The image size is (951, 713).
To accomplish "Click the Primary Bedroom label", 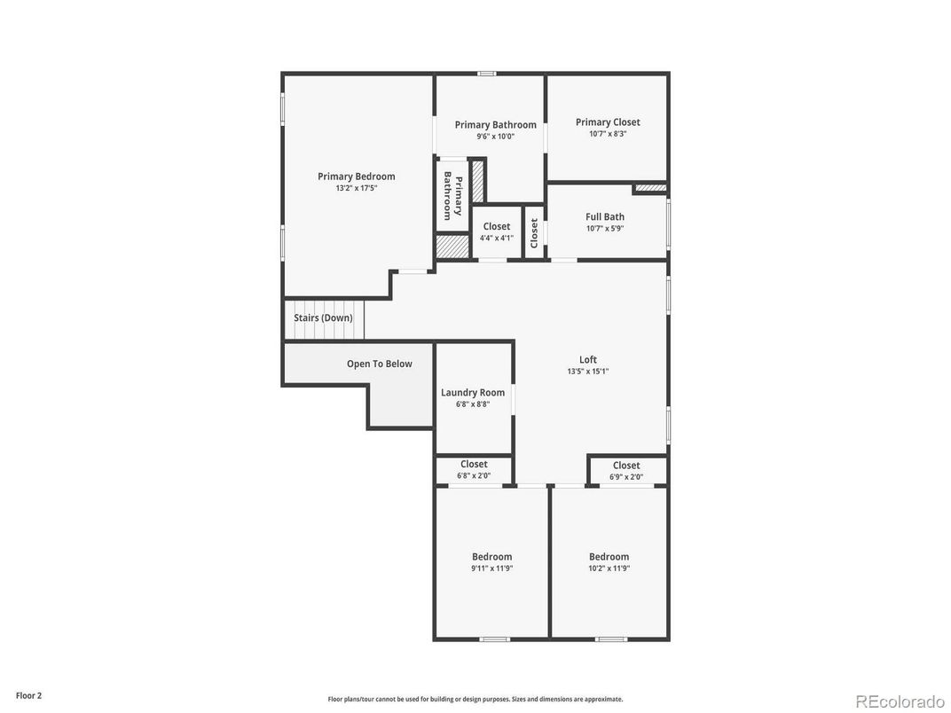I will point(357,176).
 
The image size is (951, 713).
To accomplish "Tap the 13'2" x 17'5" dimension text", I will point(357,188).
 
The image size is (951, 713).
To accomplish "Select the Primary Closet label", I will point(608,122).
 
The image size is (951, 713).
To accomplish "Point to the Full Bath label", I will point(605,216).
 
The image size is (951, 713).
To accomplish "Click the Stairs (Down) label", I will point(323,317).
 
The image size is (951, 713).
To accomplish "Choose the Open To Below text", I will point(379,364).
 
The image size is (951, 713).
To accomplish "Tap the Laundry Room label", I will point(473,393).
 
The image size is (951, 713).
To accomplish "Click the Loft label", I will point(588,360).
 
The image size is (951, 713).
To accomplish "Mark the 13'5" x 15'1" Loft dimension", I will point(588,372).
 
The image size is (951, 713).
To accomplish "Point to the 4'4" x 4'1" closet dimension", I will point(497,238).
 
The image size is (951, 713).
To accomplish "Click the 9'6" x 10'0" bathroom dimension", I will point(495,137).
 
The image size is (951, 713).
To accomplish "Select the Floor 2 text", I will point(28,695).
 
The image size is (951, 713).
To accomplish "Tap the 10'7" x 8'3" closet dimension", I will point(608,134).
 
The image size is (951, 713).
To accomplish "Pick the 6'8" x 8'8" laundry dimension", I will point(473,404).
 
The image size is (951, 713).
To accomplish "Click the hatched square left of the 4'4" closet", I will point(452,247).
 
